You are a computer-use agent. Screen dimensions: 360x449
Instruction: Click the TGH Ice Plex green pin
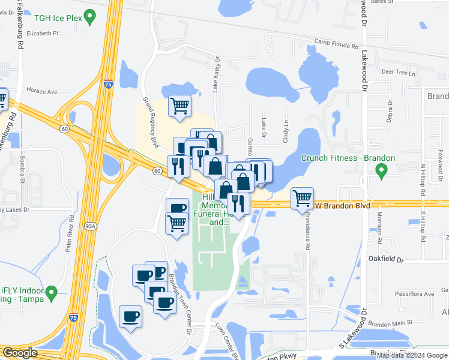click(x=91, y=16)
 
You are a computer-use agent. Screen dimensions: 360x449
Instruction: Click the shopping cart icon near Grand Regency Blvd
click(x=179, y=106)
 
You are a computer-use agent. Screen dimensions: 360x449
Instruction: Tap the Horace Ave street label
click(x=41, y=91)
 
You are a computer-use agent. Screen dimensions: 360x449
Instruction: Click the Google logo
click(x=20, y=353)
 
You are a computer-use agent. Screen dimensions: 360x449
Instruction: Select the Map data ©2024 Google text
click(x=411, y=355)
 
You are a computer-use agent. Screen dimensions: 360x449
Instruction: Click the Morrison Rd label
click(x=379, y=230)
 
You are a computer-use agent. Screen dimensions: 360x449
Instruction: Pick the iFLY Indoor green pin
click(x=52, y=293)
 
